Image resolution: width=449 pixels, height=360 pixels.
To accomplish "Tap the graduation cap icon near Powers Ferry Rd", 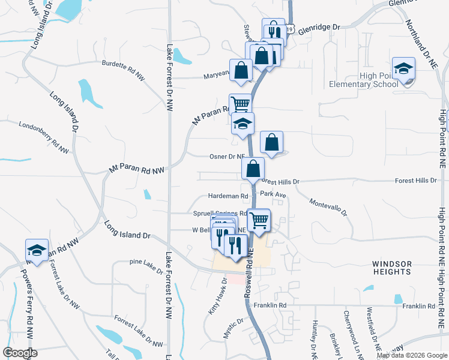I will coord(37,250).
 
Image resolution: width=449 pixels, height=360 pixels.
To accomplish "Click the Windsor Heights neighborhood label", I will coord(391,268).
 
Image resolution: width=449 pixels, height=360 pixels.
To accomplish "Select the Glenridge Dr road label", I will coord(319,28).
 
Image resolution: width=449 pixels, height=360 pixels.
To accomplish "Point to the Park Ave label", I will coord(273,195).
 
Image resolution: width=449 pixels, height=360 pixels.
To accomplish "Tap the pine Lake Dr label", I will coord(146,265).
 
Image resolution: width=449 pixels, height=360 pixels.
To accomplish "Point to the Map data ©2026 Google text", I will coord(411,355).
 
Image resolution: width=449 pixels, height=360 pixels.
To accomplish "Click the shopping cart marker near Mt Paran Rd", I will coord(240,104).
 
